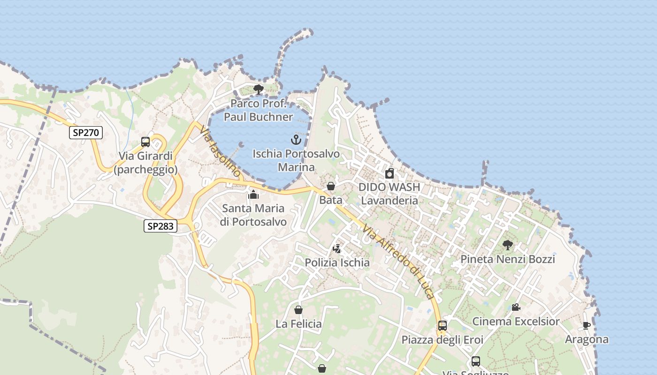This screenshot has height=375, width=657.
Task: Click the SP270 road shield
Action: coord(86,133)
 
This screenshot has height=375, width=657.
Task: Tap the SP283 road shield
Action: coord(160,226)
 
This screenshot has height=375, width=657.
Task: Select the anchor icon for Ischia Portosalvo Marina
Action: coord(296,139)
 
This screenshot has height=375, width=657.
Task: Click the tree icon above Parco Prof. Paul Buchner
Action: coord(258,89)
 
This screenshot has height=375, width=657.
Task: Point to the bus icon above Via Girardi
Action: coord(145,142)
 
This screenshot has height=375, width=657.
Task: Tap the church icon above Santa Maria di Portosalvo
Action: coord(253,194)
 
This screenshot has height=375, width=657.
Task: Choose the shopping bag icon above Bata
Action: coord(331,186)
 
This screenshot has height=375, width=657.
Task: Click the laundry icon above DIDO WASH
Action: coord(390,173)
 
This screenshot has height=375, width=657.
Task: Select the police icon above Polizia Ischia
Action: coord(337,248)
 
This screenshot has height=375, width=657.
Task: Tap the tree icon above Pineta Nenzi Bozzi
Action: coord(507,245)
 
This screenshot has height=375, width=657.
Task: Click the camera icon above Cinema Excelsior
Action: coord(516,307)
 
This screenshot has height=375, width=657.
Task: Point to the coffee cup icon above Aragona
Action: coord(586,325)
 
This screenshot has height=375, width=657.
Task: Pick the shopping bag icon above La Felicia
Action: coord(298,310)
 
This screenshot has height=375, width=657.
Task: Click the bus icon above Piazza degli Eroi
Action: coord(442,325)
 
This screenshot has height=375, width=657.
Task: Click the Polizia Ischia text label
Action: coord(337,262)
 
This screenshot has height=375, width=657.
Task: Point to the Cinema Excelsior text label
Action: coord(516,322)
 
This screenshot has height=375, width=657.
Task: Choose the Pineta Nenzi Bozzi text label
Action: coord(507,259)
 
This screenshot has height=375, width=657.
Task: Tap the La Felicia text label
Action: coord(298,324)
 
